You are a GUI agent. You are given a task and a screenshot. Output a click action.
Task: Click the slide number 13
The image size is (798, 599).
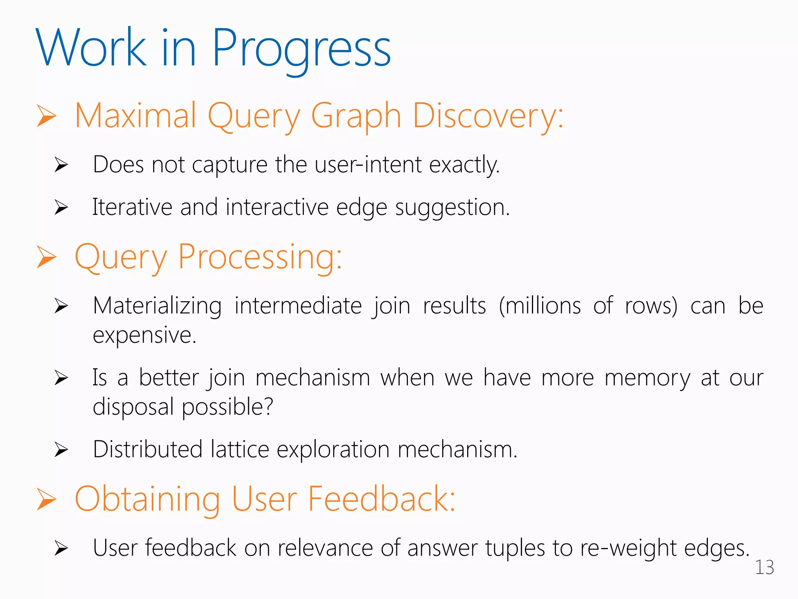(764, 567)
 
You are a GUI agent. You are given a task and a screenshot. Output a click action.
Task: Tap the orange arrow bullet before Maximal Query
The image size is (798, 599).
(46, 116)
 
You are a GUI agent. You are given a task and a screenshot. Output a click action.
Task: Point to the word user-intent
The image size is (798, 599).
(368, 164)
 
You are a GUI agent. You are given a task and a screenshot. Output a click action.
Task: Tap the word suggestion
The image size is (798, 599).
(452, 207)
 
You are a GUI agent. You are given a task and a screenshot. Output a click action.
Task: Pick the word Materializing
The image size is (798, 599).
(157, 306)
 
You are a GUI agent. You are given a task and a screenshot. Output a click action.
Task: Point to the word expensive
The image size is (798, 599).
(144, 335)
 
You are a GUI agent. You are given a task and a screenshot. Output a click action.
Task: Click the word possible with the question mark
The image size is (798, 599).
(228, 407)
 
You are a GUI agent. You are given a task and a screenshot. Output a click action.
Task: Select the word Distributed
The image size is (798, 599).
(147, 449)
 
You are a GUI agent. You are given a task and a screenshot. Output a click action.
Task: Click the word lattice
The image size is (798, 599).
(240, 449)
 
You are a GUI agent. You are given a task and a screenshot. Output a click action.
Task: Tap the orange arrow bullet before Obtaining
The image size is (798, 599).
(46, 500)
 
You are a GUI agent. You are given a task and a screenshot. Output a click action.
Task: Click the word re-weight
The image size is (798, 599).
(628, 548)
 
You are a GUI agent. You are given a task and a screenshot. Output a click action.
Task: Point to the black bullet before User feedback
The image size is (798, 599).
(61, 548)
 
